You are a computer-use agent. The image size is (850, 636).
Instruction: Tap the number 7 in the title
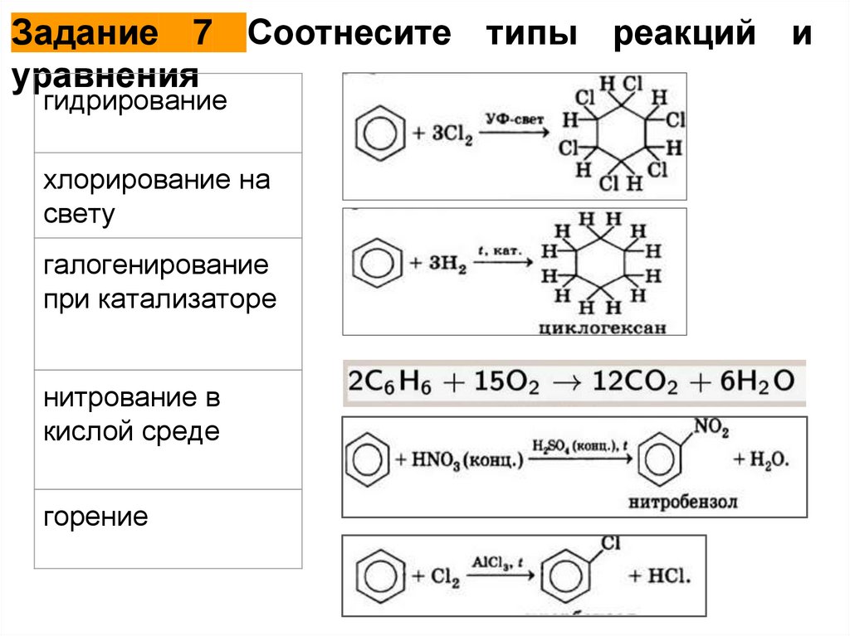(x=202, y=34)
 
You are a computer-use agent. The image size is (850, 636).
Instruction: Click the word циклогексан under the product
(x=602, y=327)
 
